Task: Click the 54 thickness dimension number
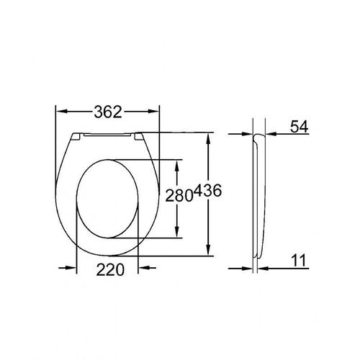[300, 126]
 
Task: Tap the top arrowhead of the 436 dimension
[210, 137]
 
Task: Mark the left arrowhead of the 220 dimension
[80, 268]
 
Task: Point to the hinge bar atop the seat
[108, 135]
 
